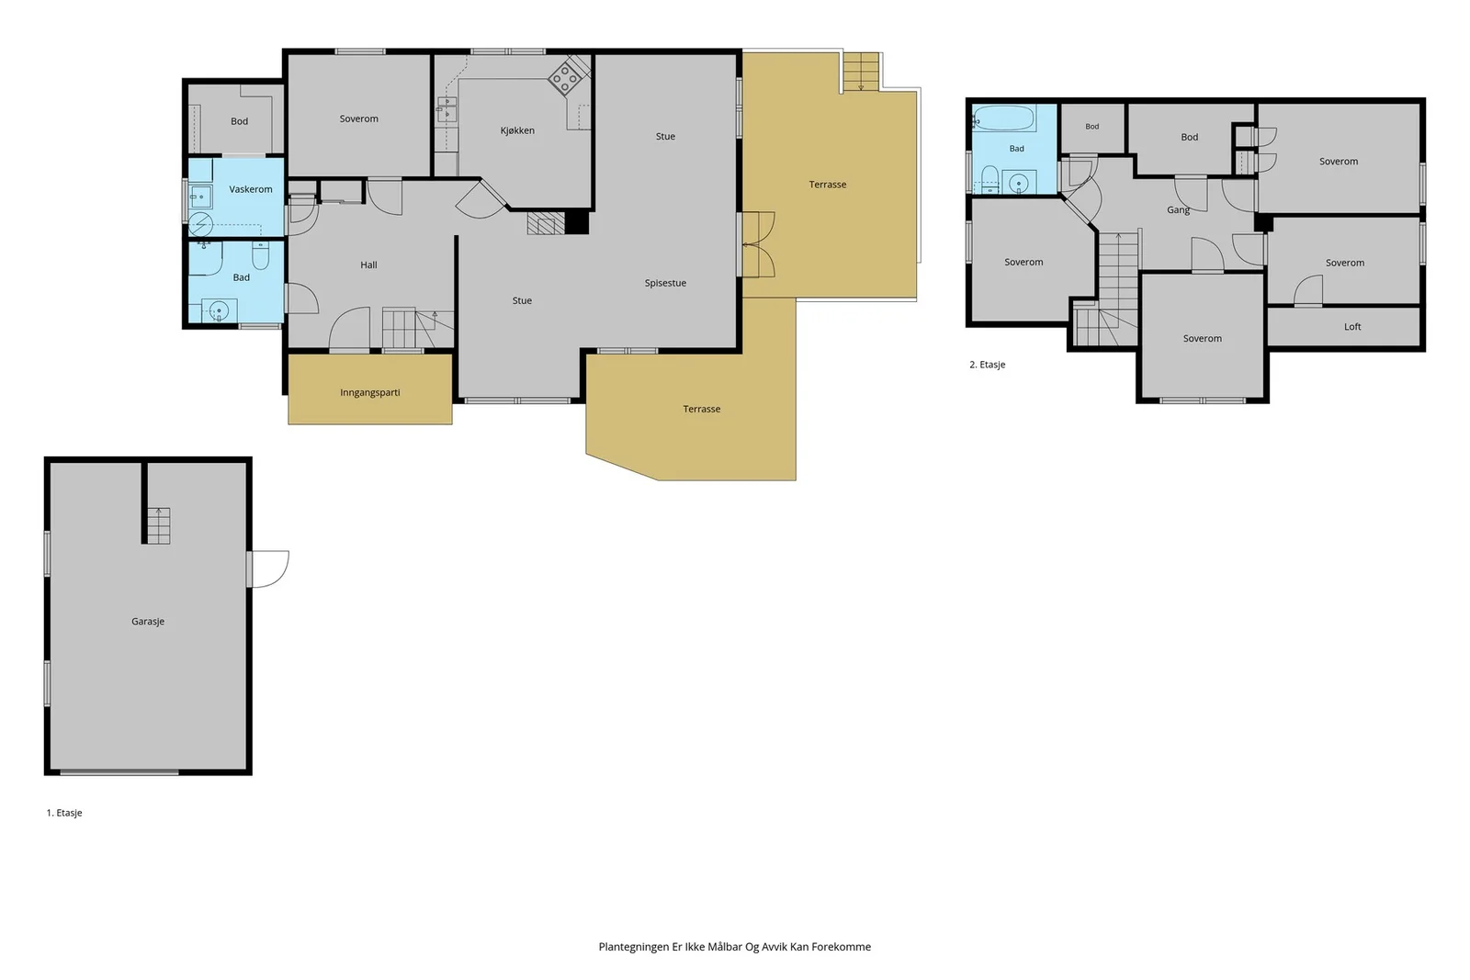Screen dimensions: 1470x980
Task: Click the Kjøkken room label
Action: tap(517, 130)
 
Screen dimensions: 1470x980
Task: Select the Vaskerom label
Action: tap(251, 189)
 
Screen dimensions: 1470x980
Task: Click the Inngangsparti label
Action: tap(370, 393)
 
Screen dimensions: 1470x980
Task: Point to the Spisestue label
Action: tap(665, 284)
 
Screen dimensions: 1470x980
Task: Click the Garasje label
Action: tap(148, 621)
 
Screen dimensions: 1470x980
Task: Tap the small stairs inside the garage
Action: tap(158, 525)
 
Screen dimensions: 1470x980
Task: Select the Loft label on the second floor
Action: tap(1352, 327)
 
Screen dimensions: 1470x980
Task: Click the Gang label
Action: tap(1178, 210)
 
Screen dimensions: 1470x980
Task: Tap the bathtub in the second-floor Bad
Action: tap(1004, 118)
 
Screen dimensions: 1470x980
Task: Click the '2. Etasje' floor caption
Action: tap(987, 365)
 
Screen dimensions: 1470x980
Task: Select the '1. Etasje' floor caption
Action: tap(64, 813)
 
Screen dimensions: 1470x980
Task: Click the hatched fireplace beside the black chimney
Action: tap(546, 222)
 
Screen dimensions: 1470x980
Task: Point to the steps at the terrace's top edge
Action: tap(860, 72)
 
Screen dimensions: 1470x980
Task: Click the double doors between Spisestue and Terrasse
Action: tap(758, 244)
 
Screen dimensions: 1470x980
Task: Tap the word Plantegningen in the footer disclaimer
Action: tap(633, 947)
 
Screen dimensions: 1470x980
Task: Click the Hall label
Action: tap(368, 265)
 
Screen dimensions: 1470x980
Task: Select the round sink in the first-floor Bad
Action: tap(219, 310)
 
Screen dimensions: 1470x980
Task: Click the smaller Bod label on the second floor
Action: tap(1092, 127)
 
